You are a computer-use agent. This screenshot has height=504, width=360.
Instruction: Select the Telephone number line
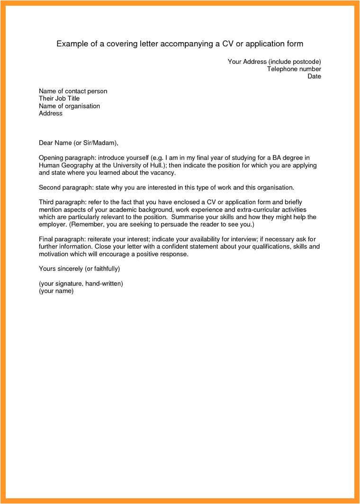click(x=294, y=69)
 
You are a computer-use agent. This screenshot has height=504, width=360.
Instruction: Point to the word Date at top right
click(x=314, y=76)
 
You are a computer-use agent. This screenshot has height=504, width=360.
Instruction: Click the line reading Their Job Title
click(x=59, y=98)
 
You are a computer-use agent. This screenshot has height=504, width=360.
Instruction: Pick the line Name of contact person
click(x=73, y=91)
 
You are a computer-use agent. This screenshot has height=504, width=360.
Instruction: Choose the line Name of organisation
click(x=69, y=106)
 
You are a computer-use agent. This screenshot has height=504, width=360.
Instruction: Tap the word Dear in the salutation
click(x=46, y=142)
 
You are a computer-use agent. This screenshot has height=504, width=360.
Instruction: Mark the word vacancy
click(x=162, y=173)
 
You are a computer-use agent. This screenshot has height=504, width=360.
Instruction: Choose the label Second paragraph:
click(x=66, y=187)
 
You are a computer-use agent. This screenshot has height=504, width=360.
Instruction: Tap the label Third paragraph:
click(x=62, y=202)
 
